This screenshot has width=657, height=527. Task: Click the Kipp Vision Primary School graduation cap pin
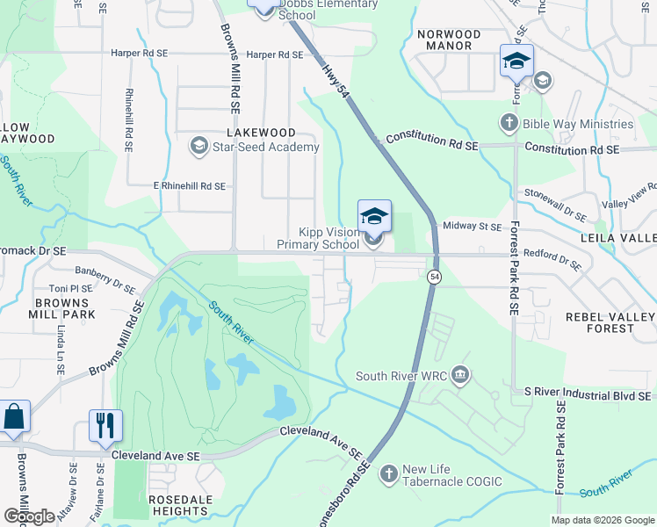click(374, 216)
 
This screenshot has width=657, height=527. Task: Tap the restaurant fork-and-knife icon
click(105, 426)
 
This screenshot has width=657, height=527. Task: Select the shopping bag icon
click(14, 416)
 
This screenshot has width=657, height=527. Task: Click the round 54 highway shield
click(434, 277)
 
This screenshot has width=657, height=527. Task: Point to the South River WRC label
click(402, 377)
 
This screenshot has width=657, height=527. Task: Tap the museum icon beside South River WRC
click(461, 377)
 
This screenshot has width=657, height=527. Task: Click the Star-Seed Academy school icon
click(199, 147)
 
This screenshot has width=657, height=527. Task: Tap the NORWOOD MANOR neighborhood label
click(449, 42)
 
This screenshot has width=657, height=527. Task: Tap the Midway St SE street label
click(473, 227)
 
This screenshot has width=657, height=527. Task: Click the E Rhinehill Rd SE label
click(190, 186)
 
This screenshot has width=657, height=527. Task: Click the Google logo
click(29, 516)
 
